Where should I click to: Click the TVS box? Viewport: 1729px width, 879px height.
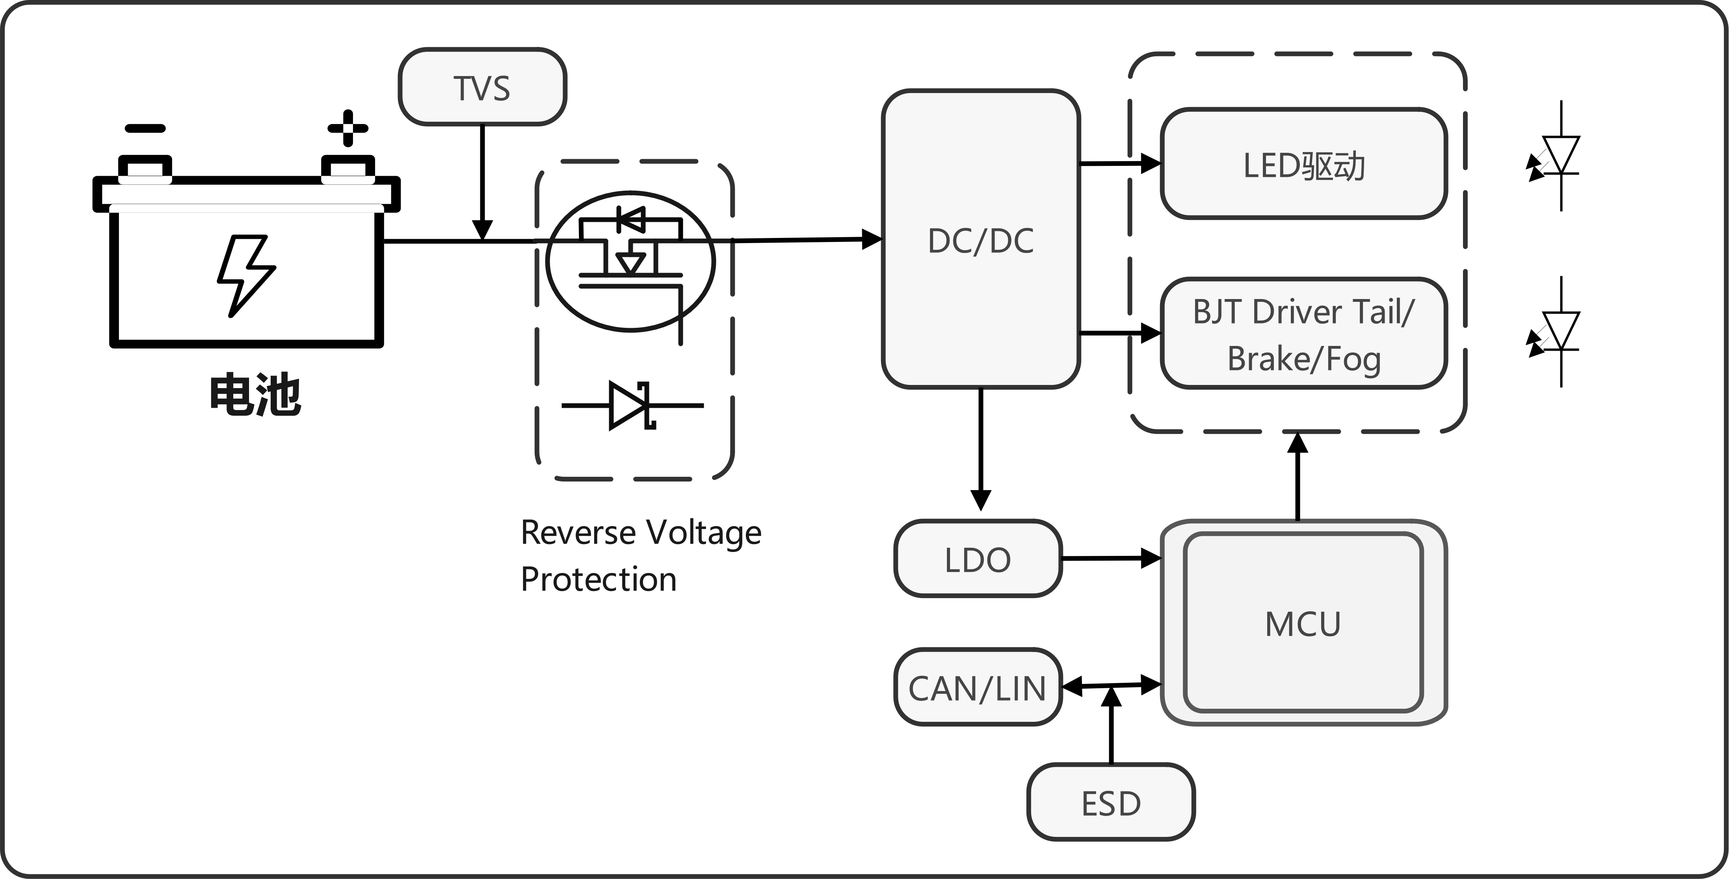coord(482,87)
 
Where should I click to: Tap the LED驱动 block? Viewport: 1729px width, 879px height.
coord(1303,164)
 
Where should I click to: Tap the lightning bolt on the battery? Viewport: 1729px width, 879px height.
coord(245,275)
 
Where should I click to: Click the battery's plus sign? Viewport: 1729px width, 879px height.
coord(347,128)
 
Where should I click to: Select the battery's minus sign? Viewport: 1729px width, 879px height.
coord(145,128)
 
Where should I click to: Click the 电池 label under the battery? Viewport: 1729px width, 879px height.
coord(255,394)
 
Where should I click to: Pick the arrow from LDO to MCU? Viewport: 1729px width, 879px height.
coord(1111,558)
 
